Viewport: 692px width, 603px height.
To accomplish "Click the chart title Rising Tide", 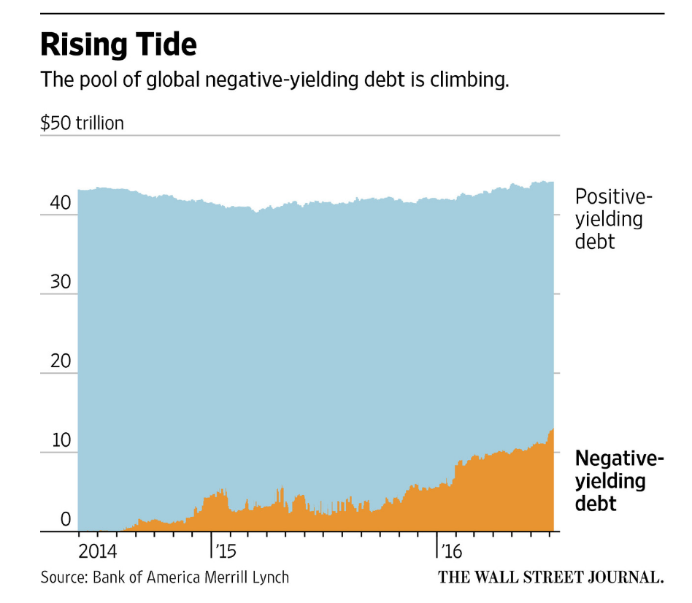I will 118,45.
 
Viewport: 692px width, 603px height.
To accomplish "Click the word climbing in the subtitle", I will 472,80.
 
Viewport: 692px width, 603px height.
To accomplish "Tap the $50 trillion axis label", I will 82,123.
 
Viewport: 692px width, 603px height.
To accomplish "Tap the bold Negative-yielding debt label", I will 619,481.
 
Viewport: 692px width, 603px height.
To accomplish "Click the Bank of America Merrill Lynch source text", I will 191,577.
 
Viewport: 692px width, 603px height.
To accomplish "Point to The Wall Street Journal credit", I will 550,577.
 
